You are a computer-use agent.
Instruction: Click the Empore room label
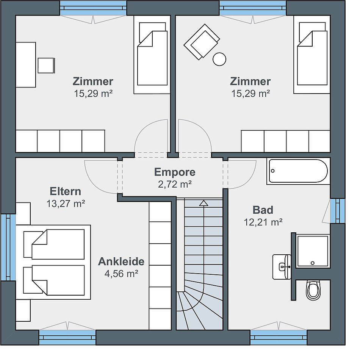[175, 172]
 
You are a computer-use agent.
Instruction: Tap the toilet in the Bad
[313, 290]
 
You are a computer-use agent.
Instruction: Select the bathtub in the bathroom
[298, 171]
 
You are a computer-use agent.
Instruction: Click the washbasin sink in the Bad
[282, 267]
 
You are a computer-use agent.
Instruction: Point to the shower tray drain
[312, 263]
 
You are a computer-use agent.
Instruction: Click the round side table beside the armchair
[219, 59]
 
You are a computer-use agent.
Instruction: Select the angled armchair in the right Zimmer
[201, 42]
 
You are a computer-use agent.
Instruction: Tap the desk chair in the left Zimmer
[46, 66]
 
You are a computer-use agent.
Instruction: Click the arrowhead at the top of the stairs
[203, 203]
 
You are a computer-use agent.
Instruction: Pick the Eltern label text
[66, 191]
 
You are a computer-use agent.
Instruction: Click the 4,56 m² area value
[121, 274]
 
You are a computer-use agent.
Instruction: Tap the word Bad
[263, 210]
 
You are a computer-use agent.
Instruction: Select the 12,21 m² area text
[263, 222]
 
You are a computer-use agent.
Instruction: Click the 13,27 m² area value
[66, 203]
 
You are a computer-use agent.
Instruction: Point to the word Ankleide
[121, 261]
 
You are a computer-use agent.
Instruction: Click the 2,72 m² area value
[175, 184]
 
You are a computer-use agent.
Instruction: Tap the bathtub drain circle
[273, 171]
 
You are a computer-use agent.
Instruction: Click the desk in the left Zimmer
[26, 65]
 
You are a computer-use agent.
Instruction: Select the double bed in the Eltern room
[53, 262]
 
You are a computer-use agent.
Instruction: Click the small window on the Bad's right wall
[338, 211]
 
